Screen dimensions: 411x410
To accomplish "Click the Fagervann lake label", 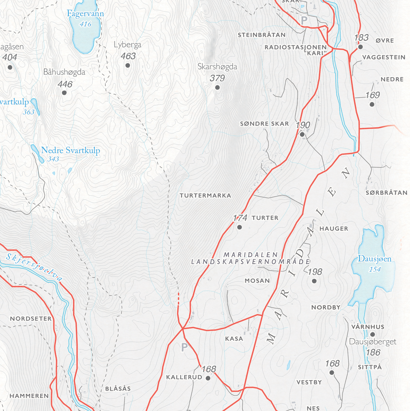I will click(x=85, y=14).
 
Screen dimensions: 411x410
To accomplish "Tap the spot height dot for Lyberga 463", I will click(x=128, y=66).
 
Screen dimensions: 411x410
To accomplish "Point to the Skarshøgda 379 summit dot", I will click(x=217, y=87).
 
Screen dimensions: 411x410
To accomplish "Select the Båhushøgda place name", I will click(x=64, y=72).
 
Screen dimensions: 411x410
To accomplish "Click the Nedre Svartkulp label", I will click(x=70, y=150).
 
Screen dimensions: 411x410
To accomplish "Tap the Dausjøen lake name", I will click(x=374, y=259).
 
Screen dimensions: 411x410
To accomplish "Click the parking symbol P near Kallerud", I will click(x=184, y=347).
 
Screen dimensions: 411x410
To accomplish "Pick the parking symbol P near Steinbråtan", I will click(x=304, y=20).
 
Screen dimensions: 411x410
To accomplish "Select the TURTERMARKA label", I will click(x=205, y=196).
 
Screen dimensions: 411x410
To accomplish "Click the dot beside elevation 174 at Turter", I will click(x=239, y=227).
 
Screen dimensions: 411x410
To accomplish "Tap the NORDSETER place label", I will click(x=31, y=319).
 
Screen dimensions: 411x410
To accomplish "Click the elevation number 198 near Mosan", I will click(x=315, y=272).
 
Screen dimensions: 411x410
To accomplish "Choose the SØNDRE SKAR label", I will click(x=264, y=124).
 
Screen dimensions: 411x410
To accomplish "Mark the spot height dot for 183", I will click(x=360, y=47).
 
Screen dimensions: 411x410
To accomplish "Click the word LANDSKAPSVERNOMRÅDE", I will click(x=251, y=262).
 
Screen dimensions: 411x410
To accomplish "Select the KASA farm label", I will click(x=234, y=339).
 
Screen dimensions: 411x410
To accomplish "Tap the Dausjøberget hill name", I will click(x=372, y=342).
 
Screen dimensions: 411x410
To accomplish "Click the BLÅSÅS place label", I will click(x=118, y=389).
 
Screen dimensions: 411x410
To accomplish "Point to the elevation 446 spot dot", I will click(x=64, y=93).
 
